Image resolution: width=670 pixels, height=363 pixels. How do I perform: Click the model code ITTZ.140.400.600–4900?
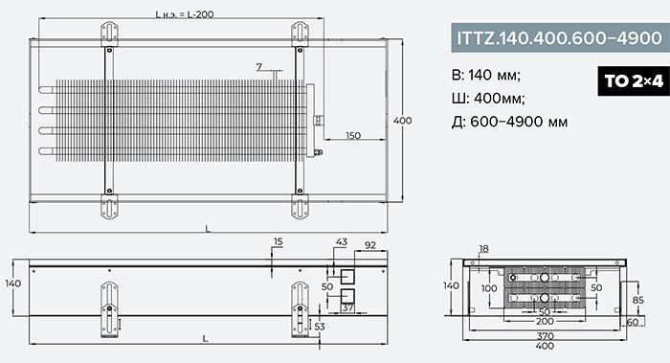pyautogui.click(x=560, y=38)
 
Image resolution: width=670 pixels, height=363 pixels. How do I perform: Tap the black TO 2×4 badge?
pyautogui.click(x=634, y=80)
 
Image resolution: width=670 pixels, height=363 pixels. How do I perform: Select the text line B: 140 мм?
pyautogui.click(x=486, y=76)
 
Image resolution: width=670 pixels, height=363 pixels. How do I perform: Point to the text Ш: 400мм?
pyautogui.click(x=488, y=99)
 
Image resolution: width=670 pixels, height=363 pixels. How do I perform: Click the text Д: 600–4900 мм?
pyautogui.click(x=510, y=122)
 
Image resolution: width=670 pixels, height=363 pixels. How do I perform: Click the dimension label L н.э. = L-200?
pyautogui.click(x=184, y=14)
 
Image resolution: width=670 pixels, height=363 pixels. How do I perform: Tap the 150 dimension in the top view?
pyautogui.click(x=353, y=136)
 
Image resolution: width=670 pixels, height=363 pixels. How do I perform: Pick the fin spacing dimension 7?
pyautogui.click(x=259, y=67)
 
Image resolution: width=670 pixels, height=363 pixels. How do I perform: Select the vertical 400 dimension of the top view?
pyautogui.click(x=403, y=121)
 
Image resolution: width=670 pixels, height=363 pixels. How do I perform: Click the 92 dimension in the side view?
pyautogui.click(x=370, y=245)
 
